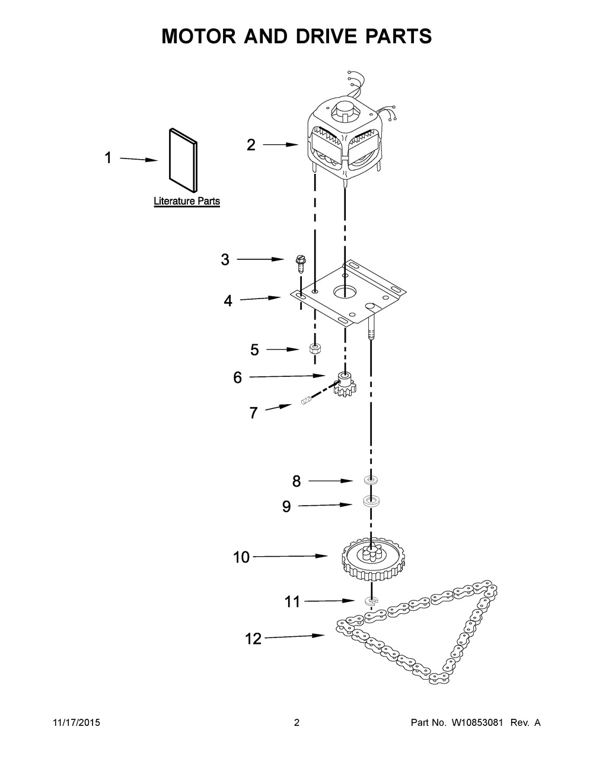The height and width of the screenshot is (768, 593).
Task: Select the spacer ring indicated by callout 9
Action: coord(371,503)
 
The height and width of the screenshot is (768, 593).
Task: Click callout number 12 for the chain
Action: coord(253,639)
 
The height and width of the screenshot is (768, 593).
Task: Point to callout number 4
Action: coord(228,301)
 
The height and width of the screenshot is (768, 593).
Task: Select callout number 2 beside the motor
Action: coord(251,144)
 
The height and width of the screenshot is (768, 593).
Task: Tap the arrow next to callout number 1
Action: coord(139,159)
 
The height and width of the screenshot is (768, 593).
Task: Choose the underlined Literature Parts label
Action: coord(187,201)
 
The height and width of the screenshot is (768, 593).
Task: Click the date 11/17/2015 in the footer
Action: coord(74,723)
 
